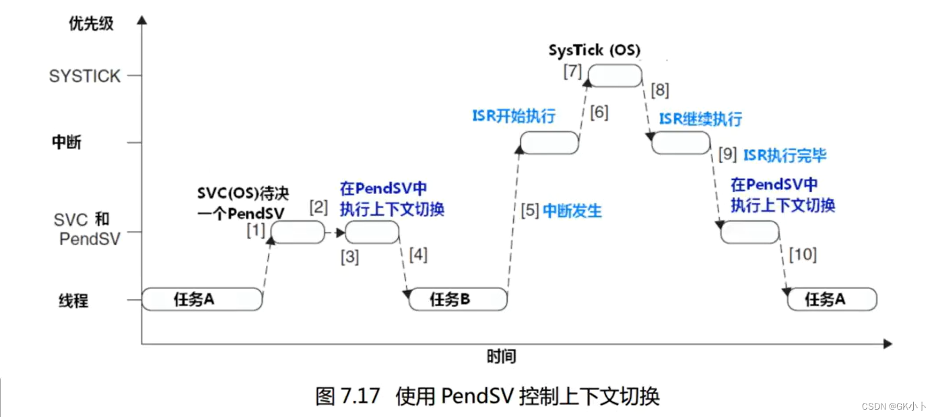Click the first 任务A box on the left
[201, 299]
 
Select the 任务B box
[458, 299]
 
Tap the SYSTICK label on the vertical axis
[85, 76]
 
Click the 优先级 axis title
[92, 24]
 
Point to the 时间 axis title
[502, 356]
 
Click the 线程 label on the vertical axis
[73, 300]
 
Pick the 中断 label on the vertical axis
[67, 143]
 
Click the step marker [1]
[256, 230]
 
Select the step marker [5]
[530, 211]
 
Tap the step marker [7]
[572, 70]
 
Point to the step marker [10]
[802, 254]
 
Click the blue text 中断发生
[572, 211]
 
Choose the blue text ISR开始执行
[514, 116]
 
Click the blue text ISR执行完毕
[784, 155]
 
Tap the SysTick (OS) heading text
[594, 51]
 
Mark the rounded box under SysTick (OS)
[615, 75]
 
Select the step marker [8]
[660, 90]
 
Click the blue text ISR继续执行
[700, 119]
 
